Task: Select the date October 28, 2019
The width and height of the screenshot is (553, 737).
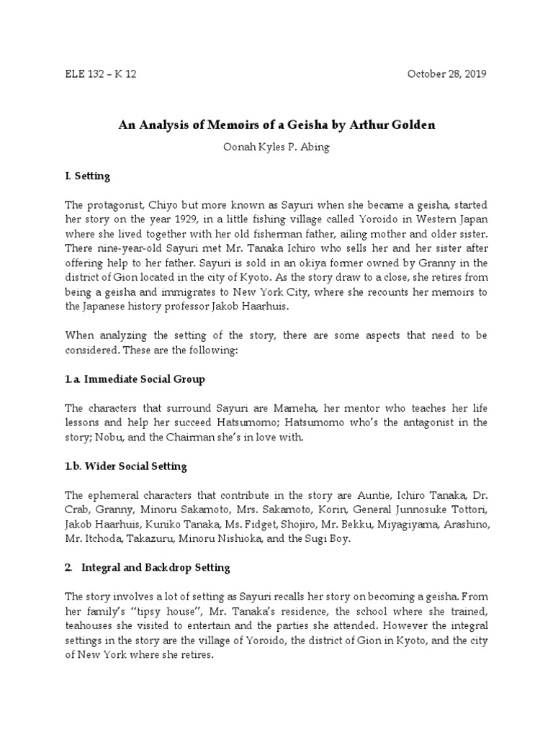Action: click(447, 74)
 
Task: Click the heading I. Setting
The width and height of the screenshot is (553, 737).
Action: click(87, 176)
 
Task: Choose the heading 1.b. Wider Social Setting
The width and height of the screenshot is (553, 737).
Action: click(126, 466)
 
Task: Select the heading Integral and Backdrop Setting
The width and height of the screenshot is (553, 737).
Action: click(156, 567)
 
